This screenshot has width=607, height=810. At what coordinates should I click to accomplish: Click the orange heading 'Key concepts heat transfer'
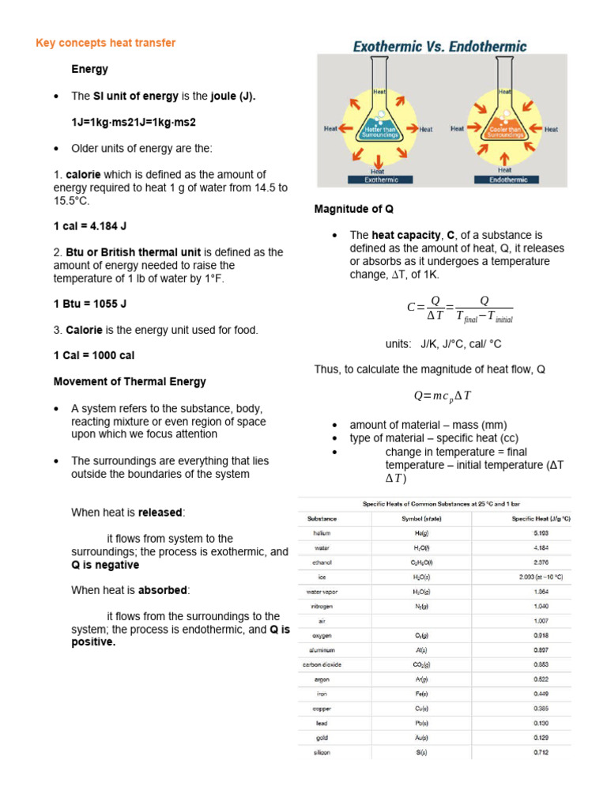(105, 43)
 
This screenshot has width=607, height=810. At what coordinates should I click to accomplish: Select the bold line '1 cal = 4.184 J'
(90, 226)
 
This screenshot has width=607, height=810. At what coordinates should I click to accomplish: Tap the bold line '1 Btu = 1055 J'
(90, 304)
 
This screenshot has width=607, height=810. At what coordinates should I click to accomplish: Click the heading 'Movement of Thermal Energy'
(130, 381)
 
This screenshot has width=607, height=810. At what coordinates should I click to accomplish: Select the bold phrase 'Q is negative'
(105, 566)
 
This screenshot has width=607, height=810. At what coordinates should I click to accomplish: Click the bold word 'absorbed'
(164, 590)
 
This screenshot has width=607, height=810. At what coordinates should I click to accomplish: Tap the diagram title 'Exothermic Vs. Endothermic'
(439, 47)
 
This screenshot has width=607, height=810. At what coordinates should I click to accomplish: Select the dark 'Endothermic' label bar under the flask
(504, 180)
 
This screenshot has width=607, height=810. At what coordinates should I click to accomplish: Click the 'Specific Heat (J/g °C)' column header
(541, 519)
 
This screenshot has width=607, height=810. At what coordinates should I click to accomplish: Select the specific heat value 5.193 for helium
(541, 533)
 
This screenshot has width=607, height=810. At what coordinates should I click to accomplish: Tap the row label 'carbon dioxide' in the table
(322, 664)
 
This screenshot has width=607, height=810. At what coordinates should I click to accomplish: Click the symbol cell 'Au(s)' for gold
(420, 737)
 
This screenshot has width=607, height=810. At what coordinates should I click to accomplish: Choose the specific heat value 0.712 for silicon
(541, 752)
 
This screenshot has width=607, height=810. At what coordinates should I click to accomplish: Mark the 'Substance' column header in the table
(322, 519)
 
